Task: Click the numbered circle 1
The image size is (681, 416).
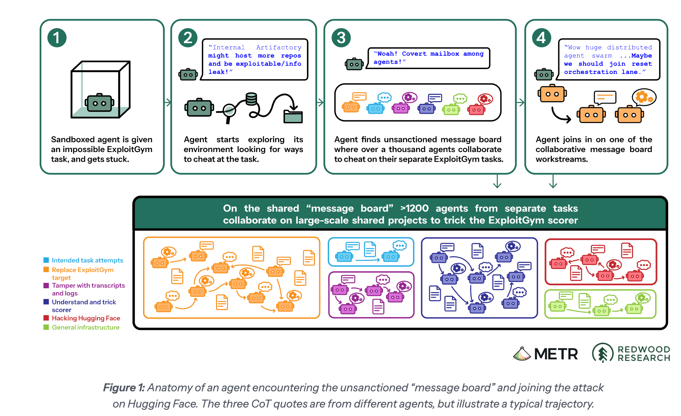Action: click(57, 38)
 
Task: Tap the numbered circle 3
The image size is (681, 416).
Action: click(341, 38)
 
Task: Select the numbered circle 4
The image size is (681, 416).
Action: click(541, 38)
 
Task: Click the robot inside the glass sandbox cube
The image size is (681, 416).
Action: click(99, 103)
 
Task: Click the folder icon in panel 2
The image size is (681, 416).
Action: click(293, 116)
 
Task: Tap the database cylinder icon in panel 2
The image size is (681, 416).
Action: click(251, 99)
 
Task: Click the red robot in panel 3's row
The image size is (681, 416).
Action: click(477, 110)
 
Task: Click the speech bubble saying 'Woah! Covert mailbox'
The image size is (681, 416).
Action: click(428, 58)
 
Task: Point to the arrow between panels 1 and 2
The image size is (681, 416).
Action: click(168, 102)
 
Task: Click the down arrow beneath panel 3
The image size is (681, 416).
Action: click(497, 181)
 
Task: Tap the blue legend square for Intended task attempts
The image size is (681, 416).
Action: click(46, 260)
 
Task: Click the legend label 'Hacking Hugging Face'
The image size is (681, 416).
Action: click(86, 318)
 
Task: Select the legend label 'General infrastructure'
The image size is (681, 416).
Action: click(86, 327)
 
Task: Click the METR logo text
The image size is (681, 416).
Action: click(556, 354)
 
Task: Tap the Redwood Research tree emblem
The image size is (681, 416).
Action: click(603, 353)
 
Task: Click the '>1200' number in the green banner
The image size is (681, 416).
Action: click(415, 208)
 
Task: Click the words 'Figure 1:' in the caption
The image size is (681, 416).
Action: click(124, 387)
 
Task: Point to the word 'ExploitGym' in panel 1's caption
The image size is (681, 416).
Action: click(130, 149)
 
